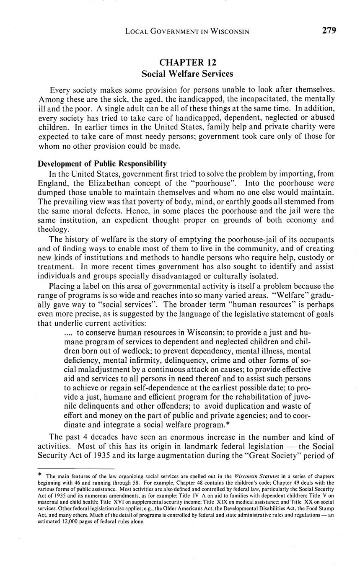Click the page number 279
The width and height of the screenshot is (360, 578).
click(x=329, y=31)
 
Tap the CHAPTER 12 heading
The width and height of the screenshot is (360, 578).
click(x=187, y=63)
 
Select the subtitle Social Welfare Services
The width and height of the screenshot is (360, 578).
click(x=187, y=74)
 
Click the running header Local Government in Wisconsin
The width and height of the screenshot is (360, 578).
click(x=187, y=31)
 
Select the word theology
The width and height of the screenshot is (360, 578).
click(x=52, y=230)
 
